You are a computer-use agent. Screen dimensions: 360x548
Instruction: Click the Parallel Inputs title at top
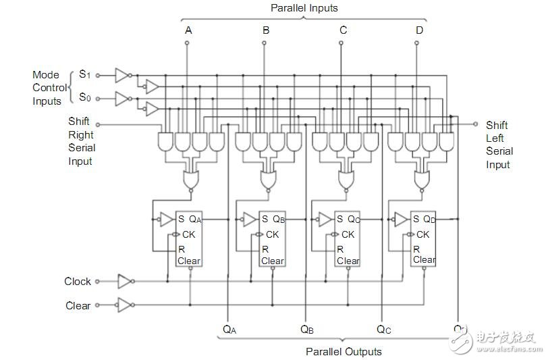[x=304, y=8]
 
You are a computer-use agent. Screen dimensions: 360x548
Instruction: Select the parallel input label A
[x=188, y=30]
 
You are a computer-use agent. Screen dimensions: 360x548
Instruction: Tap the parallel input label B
[x=266, y=30]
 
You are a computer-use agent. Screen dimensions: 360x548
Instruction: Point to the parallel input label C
[x=344, y=30]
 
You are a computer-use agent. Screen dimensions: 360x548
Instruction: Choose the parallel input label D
[x=420, y=30]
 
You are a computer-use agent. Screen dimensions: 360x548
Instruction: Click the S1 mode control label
[x=84, y=74]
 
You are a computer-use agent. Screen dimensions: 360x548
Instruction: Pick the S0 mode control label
[x=84, y=97]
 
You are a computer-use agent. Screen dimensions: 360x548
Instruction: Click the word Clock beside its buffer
[x=78, y=281]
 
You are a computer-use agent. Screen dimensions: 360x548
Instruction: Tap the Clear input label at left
[x=78, y=305]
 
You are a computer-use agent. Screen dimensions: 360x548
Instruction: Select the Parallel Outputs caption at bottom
[x=344, y=351]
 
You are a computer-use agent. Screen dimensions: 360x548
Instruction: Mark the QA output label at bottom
[x=230, y=330]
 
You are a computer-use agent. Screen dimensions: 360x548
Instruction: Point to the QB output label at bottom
[x=308, y=330]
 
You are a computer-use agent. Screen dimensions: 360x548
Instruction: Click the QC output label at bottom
[x=384, y=330]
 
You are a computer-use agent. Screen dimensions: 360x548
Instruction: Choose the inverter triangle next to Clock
[x=125, y=281]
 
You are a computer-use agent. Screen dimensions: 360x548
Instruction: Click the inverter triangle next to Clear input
[x=125, y=305]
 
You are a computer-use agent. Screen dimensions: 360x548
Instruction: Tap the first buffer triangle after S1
[x=121, y=74]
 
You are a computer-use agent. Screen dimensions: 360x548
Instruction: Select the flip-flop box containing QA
[x=188, y=238]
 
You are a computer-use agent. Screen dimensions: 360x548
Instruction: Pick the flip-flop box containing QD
[x=423, y=238]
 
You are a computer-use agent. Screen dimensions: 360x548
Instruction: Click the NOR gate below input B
[x=269, y=180]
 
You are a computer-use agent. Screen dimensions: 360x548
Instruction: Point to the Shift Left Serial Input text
[x=499, y=145]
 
